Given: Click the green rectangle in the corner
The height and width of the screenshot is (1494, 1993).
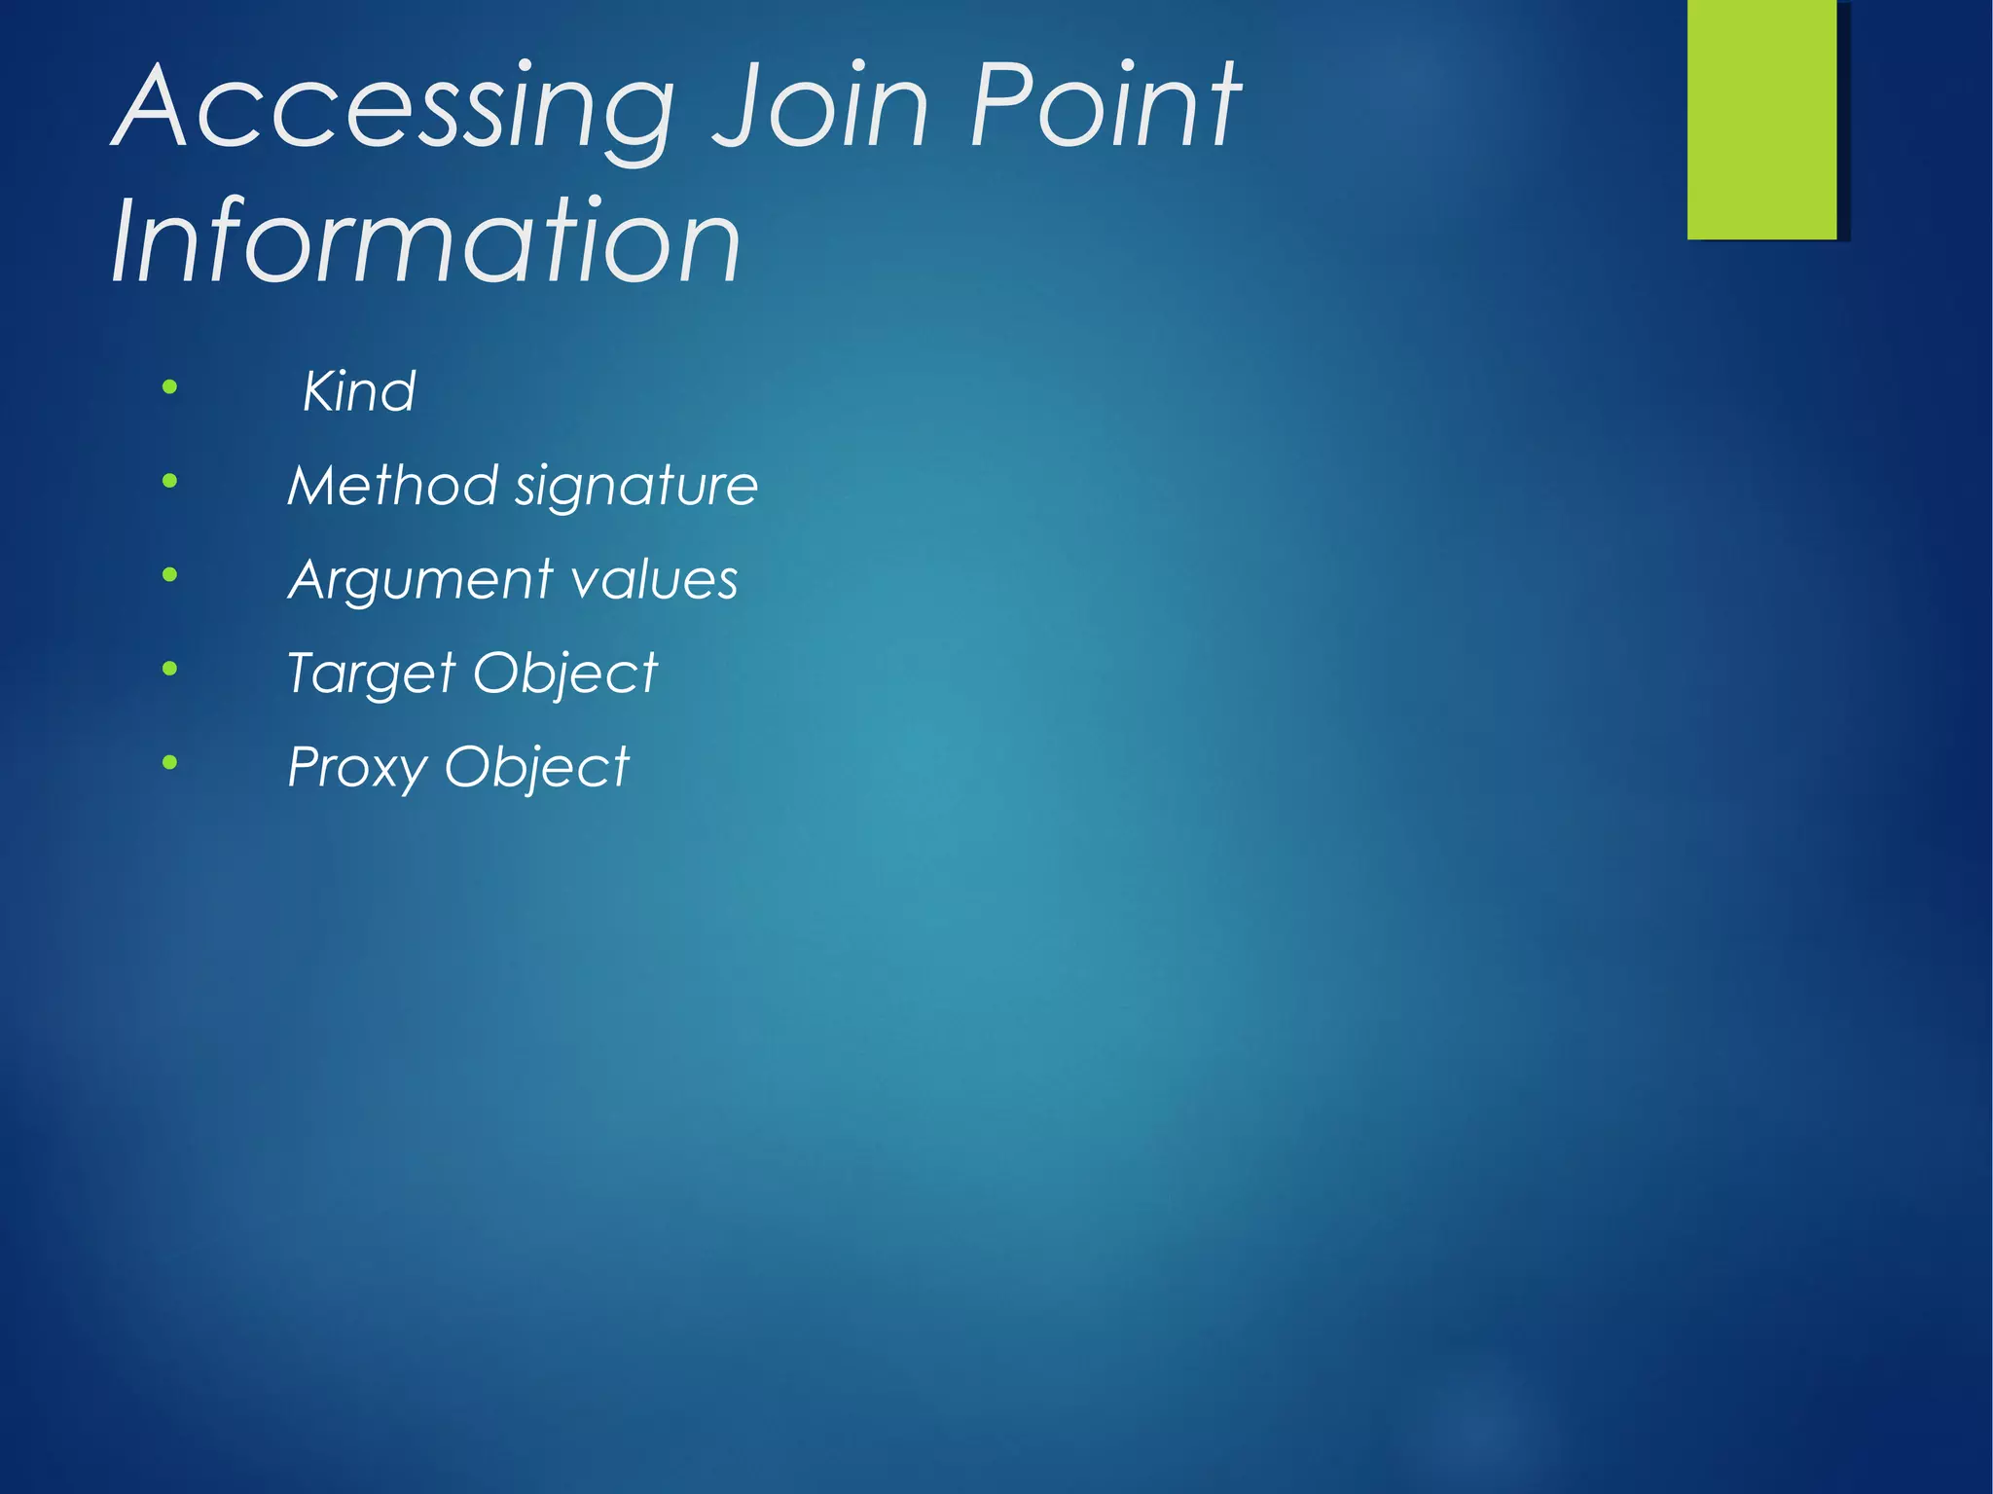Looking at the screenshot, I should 1761,119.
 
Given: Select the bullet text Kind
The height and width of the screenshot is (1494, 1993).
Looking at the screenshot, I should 359,391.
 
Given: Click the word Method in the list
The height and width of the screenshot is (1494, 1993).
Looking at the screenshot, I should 392,485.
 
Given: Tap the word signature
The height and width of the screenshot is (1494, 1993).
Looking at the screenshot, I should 636,487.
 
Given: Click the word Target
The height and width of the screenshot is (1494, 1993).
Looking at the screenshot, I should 372,674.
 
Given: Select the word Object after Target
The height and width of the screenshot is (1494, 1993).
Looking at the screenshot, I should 565,674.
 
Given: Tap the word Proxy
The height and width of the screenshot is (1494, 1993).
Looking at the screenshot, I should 357,768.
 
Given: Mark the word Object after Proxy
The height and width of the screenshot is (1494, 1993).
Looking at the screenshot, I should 537,768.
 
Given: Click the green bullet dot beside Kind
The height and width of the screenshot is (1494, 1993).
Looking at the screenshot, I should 170,387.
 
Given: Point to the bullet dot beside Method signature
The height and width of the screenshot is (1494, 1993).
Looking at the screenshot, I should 170,481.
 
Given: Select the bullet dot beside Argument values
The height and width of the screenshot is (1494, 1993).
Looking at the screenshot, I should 170,575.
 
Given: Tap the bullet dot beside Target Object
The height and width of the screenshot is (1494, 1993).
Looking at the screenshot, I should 170,669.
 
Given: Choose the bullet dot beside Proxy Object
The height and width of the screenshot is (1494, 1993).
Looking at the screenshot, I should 170,762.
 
